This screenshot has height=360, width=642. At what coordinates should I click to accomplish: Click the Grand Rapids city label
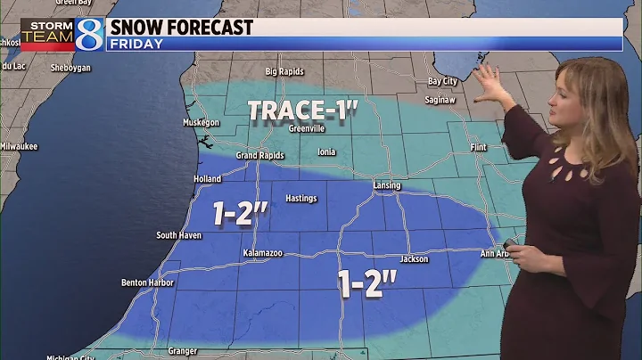(x=259, y=155)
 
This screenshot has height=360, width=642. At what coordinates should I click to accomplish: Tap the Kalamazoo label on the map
(x=263, y=254)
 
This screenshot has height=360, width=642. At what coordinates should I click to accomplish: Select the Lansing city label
(x=387, y=185)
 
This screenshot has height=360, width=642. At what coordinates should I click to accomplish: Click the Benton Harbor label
(x=144, y=282)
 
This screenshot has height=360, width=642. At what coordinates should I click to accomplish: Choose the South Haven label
(x=179, y=235)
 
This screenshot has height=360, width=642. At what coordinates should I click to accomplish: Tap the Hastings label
(x=300, y=198)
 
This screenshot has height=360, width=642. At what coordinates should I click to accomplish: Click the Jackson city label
(x=415, y=259)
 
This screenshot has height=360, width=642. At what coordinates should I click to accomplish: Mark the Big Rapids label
(x=285, y=71)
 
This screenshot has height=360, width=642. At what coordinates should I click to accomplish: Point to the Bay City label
(x=442, y=81)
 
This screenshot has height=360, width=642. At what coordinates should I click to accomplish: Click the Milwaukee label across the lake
(x=19, y=146)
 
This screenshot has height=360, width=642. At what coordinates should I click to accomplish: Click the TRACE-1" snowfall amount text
(x=303, y=110)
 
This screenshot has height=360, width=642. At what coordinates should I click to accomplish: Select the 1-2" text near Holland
(x=241, y=213)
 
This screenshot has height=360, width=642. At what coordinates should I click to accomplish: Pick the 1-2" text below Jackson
(x=366, y=283)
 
